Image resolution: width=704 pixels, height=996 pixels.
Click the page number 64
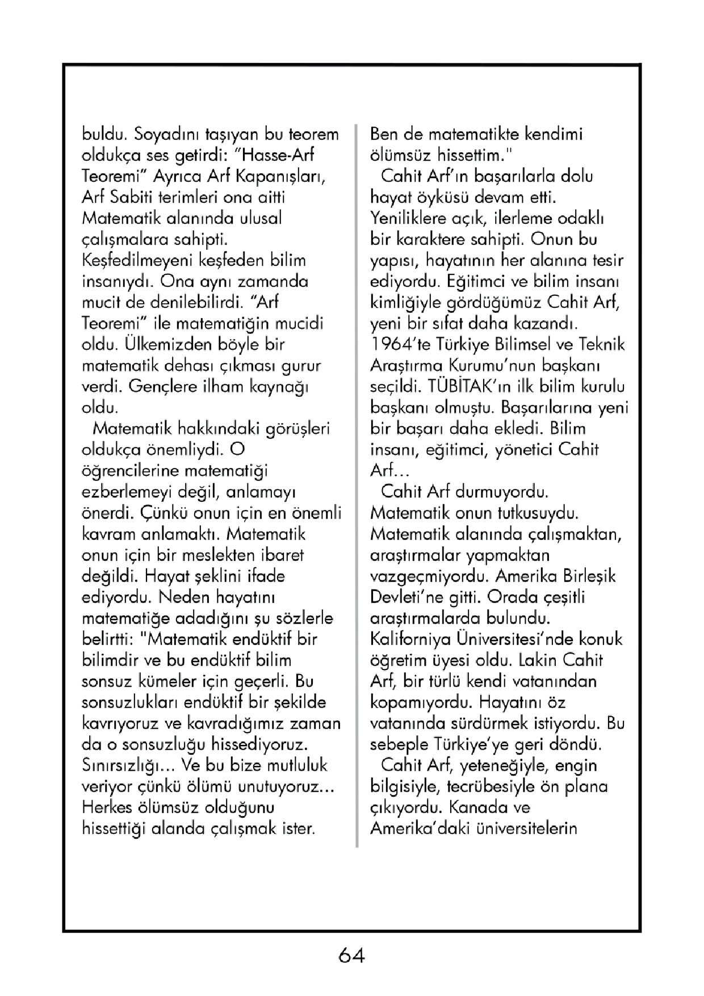coord(351,955)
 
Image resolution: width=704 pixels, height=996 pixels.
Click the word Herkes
coord(108,807)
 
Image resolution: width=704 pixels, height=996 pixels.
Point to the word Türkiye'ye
coord(466,744)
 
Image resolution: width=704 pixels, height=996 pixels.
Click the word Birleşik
coord(589,576)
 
